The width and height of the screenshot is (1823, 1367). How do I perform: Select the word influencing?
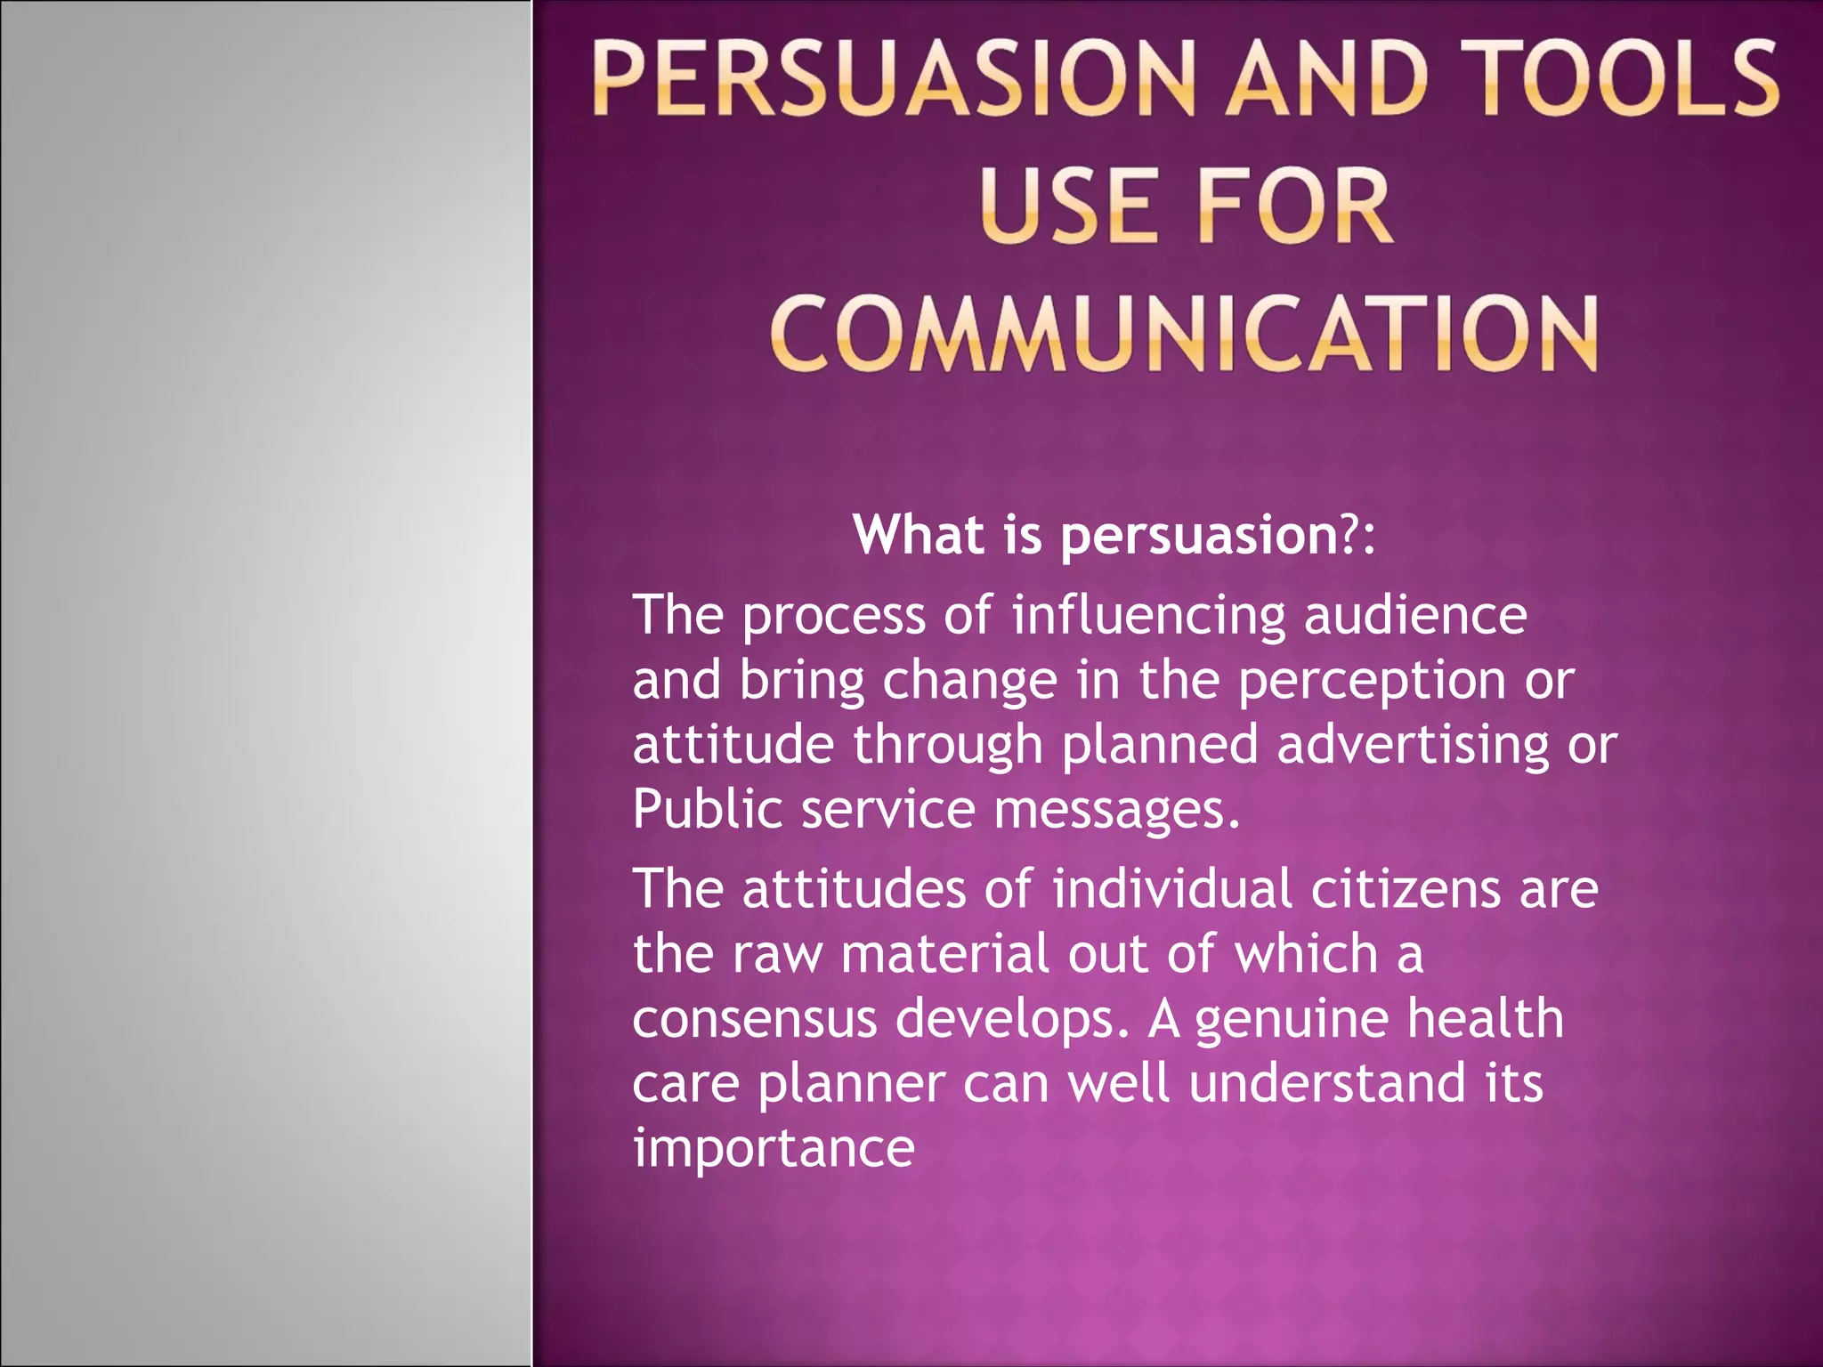(x=1149, y=616)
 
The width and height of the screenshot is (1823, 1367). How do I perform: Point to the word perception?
(x=1371, y=682)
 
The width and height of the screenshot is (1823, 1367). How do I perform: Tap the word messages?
(x=1116, y=810)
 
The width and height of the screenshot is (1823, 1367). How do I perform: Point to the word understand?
(x=1327, y=1083)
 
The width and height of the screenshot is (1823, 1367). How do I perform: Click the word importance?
(x=774, y=1149)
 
